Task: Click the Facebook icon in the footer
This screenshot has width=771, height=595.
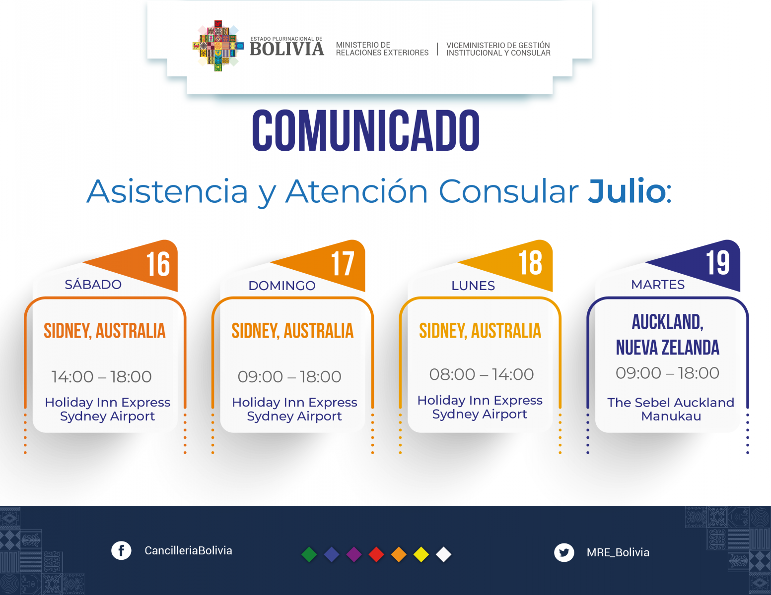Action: coord(121,550)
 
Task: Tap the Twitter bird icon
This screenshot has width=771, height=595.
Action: coord(564,552)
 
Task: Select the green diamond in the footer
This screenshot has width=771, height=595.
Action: coord(309,555)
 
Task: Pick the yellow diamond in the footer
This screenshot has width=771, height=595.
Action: coord(421,555)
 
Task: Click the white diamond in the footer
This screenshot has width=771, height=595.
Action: coord(443,555)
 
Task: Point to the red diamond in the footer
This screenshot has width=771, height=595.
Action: coord(376,555)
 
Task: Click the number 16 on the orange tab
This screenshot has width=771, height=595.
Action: coord(158,264)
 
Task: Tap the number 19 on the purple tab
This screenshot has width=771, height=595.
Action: coord(718,263)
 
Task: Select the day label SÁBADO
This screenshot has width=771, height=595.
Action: coord(93,284)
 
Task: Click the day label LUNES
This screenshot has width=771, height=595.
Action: coord(473,286)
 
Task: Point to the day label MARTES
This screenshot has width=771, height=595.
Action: coord(658,285)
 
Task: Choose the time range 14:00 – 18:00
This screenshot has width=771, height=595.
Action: coord(101,376)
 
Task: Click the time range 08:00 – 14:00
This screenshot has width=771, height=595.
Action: coord(481,374)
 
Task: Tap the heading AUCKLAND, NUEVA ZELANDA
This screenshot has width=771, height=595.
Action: coord(667,335)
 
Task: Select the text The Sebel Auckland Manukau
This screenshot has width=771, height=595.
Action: coord(671,409)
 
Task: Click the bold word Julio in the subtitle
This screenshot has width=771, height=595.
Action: coord(627,191)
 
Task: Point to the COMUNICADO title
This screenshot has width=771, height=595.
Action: coord(366,130)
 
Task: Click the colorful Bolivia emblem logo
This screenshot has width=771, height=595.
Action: coord(218,46)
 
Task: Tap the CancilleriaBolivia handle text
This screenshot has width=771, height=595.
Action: coord(188,550)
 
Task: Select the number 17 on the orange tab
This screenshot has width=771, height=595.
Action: coord(343,264)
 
